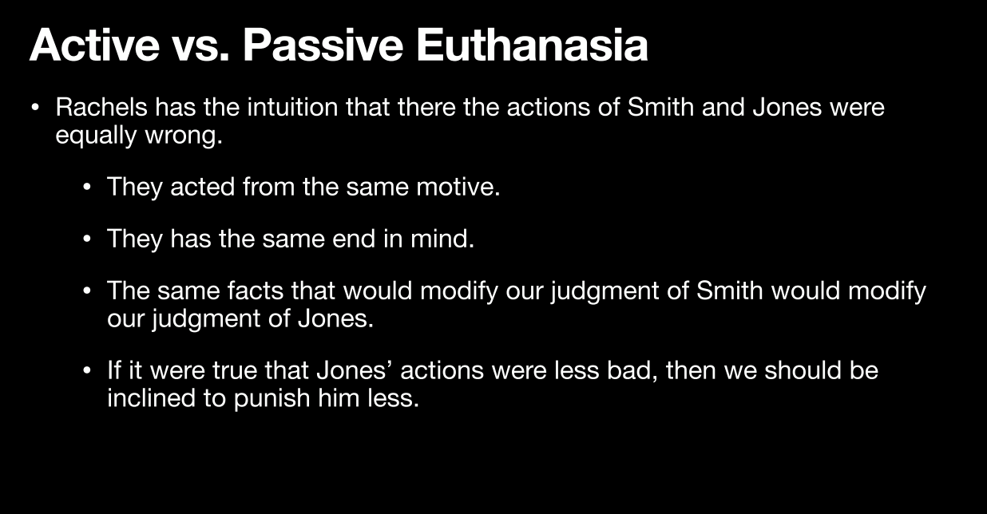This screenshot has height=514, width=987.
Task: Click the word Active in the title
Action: tap(94, 45)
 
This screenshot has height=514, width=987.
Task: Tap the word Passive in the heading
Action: tap(323, 45)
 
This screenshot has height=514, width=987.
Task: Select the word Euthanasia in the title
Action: tap(532, 45)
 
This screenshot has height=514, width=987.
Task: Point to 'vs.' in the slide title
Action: tap(200, 49)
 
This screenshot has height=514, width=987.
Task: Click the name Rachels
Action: tap(101, 107)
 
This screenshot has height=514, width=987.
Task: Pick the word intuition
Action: tap(292, 107)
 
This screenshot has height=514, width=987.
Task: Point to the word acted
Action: tap(202, 187)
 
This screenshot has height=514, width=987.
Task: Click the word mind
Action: tap(442, 239)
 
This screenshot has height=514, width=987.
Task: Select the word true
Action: tap(235, 371)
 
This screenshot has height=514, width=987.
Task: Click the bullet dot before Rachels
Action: tap(35, 108)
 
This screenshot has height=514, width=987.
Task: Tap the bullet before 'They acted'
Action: tap(87, 188)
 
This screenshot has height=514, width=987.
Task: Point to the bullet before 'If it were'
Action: tap(87, 371)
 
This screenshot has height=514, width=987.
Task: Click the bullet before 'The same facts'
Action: tap(87, 291)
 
